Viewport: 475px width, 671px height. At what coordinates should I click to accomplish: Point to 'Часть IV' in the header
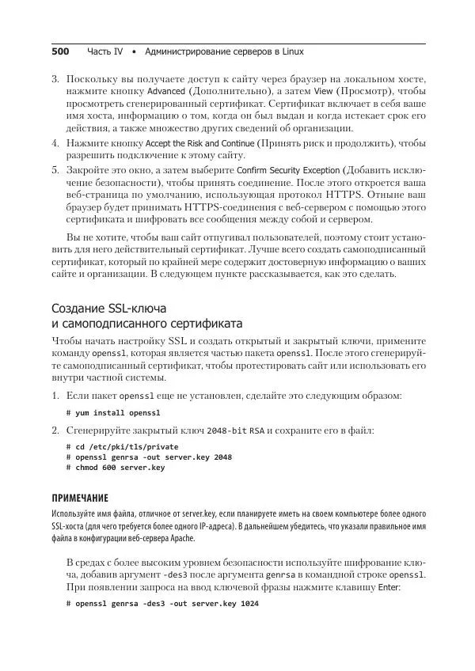(x=104, y=51)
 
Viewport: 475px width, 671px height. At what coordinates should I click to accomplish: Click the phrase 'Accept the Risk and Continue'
(x=199, y=143)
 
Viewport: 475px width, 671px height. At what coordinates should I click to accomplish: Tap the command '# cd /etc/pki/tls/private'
(x=123, y=446)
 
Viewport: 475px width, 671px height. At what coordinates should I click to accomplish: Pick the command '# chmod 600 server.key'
(x=116, y=468)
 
